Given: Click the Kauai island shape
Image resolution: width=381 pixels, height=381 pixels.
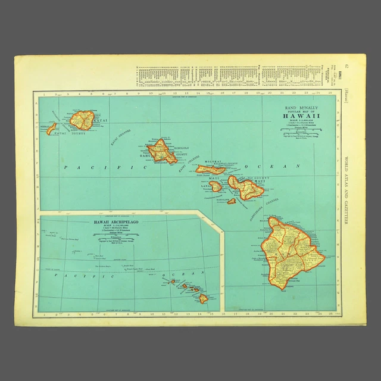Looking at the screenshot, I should tap(82, 120).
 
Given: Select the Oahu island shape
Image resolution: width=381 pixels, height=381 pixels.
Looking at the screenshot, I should tap(161, 151).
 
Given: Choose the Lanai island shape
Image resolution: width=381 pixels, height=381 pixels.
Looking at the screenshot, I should tap(216, 186).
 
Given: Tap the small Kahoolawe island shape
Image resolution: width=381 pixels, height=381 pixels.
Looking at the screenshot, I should tap(232, 201).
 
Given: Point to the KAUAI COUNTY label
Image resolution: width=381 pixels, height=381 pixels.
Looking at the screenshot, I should tap(73, 133).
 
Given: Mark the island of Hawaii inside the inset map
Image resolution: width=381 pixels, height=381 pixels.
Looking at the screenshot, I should tap(204, 298).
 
